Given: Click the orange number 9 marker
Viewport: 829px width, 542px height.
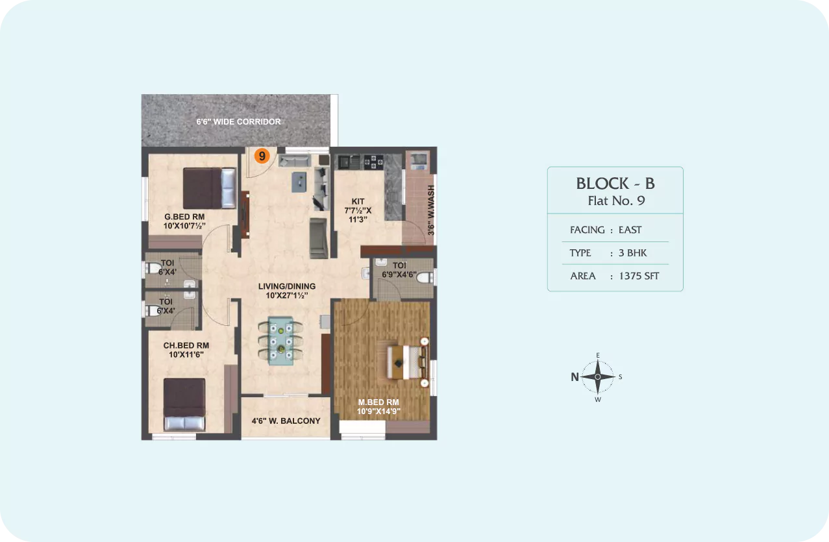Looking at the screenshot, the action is point(262,156).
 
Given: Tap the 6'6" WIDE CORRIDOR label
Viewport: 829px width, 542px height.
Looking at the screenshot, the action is point(238,122).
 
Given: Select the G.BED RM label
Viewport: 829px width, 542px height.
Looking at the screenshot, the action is point(184,217).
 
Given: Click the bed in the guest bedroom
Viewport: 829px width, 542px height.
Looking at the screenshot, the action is point(210,188).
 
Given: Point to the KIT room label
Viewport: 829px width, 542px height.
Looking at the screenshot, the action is point(358,201).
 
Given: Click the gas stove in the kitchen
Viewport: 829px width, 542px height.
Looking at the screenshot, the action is point(373,162).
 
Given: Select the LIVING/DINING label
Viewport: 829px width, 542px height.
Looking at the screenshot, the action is point(287,286).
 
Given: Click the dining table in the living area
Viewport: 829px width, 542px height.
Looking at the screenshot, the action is point(281,340).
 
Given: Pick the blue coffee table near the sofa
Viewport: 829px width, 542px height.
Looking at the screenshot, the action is point(299,182).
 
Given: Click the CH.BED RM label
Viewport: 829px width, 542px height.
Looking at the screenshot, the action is point(186,345).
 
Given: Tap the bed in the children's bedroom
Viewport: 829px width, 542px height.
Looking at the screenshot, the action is point(184,404).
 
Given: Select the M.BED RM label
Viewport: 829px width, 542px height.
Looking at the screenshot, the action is point(378,402).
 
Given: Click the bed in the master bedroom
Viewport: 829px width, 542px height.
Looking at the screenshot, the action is point(408,362).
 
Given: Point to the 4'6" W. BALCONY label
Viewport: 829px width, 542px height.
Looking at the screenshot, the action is point(286,421).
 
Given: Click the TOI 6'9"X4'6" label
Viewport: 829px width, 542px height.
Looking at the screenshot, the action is point(399,270).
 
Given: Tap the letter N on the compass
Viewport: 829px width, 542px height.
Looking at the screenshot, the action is point(575,377).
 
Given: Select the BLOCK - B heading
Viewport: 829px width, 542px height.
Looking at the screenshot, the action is point(615,184).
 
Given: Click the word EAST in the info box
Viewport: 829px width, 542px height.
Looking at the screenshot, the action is point(630,230).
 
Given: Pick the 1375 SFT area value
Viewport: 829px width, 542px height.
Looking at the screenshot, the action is point(639,276).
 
